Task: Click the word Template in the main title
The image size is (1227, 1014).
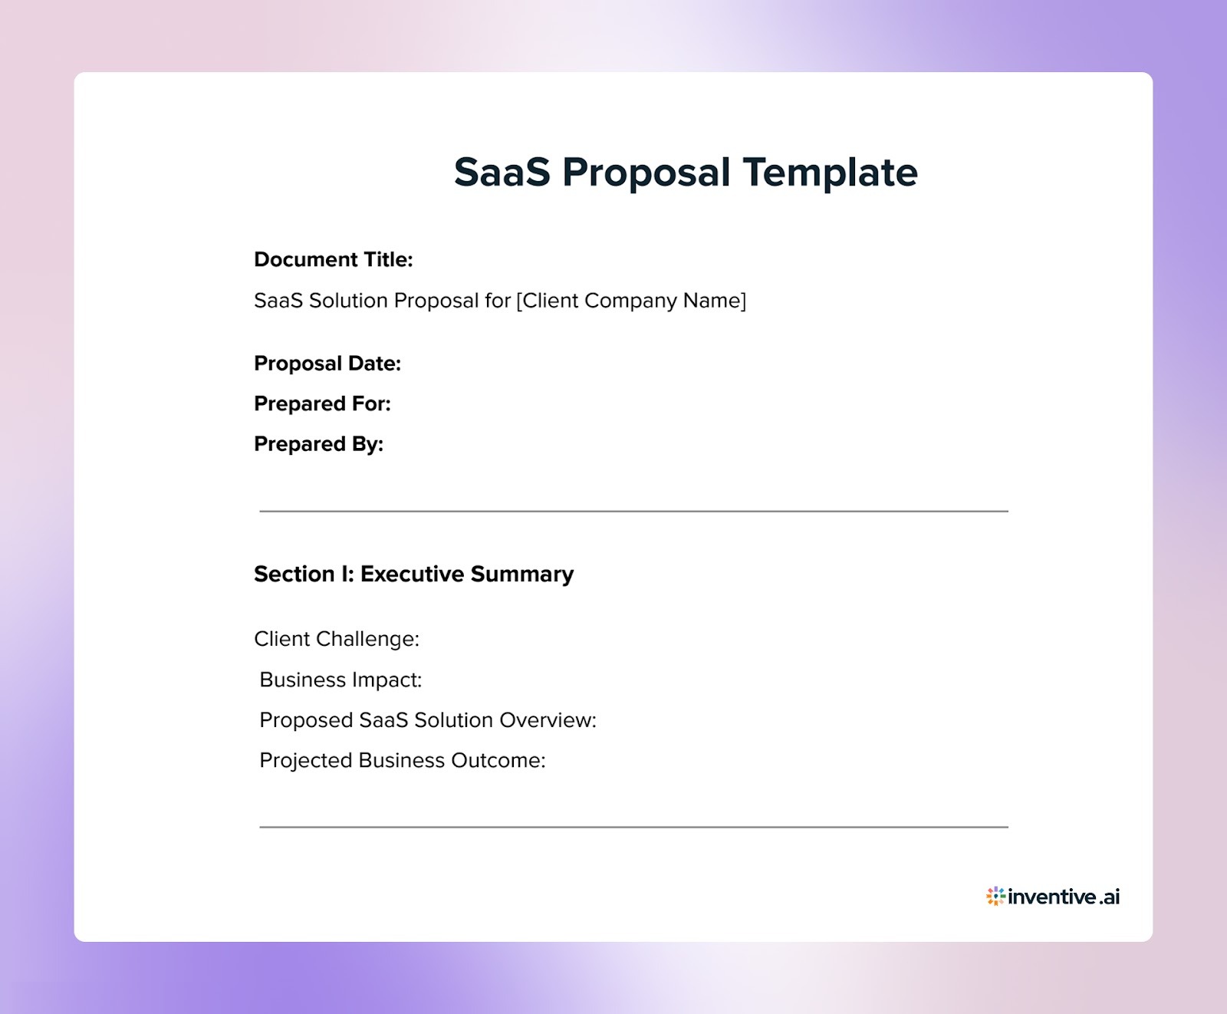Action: [830, 172]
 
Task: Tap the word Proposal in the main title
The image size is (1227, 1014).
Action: [646, 172]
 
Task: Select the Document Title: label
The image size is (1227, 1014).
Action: [333, 260]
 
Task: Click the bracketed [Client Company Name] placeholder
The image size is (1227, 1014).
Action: [630, 301]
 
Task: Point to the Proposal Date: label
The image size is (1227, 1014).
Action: [327, 364]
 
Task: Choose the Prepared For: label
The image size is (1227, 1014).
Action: [322, 404]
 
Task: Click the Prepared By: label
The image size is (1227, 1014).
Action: [318, 444]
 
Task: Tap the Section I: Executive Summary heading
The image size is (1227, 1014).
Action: [413, 574]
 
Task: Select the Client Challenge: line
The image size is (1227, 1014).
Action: [337, 639]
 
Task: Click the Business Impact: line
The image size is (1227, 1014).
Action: [340, 680]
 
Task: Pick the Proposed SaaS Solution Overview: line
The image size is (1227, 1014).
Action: [427, 720]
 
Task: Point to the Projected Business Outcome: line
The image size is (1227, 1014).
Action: [402, 761]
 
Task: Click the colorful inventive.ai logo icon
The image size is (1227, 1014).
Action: [995, 896]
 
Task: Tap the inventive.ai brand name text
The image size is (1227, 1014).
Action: [1064, 897]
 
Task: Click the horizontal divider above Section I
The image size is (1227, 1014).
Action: [633, 511]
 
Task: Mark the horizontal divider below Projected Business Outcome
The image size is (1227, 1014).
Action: [633, 827]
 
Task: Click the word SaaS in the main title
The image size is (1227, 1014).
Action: [502, 172]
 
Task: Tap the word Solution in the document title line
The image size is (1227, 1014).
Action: [348, 301]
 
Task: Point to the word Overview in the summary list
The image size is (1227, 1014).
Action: [548, 720]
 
